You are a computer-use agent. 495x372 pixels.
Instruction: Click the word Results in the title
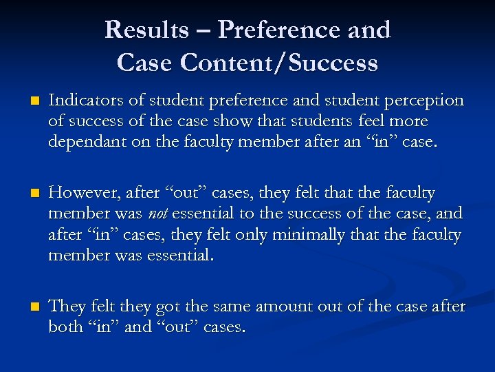click(146, 30)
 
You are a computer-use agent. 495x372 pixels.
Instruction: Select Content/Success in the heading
click(279, 63)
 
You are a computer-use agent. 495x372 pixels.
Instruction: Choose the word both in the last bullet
click(64, 327)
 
